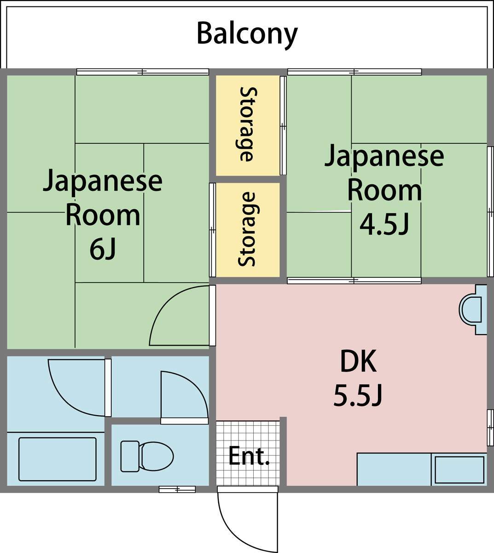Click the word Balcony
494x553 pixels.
click(x=247, y=35)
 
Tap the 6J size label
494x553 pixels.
click(x=103, y=250)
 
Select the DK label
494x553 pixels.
click(x=359, y=362)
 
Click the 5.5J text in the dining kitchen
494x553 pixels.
click(x=358, y=396)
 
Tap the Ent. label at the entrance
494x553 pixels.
click(x=249, y=456)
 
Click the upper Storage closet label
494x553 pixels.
click(x=248, y=124)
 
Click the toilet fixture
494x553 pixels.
click(x=147, y=456)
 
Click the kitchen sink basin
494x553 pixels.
click(x=459, y=470)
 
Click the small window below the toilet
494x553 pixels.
click(x=177, y=489)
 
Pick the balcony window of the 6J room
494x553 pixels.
click(x=142, y=72)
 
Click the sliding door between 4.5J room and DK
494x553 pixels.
click(x=355, y=281)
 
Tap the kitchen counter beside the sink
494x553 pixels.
click(x=394, y=470)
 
